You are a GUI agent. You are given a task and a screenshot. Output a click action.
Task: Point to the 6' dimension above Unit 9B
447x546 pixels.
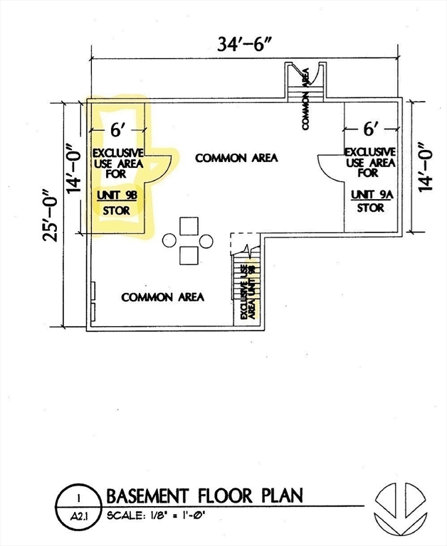coord(117,132)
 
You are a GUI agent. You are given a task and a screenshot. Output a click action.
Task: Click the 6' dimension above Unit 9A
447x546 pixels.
coord(371,129)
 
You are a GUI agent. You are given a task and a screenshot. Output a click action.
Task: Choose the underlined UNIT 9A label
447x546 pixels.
coord(371,194)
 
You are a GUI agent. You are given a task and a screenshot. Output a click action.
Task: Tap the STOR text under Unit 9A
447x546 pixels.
coord(371,208)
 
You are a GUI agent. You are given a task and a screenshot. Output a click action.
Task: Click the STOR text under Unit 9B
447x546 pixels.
coord(117,210)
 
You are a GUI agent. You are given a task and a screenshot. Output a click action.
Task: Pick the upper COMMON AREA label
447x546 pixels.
coord(236,158)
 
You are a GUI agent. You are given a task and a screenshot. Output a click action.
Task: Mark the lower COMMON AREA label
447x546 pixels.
coord(163,296)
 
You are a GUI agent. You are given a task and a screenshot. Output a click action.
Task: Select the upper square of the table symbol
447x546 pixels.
coord(189,227)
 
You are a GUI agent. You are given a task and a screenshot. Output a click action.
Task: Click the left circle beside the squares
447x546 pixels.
coord(169,241)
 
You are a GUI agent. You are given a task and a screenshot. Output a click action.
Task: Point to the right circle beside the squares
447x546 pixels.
coord(207,241)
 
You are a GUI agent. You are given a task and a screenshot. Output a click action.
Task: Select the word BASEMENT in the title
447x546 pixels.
coord(149,495)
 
